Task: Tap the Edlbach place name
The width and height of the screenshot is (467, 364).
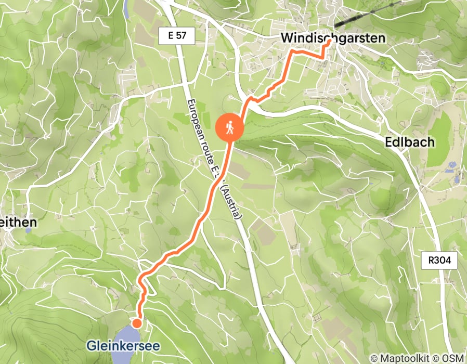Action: coord(409,142)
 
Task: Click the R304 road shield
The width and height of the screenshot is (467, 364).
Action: coord(439,261)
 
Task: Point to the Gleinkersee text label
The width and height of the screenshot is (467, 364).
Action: coord(123,346)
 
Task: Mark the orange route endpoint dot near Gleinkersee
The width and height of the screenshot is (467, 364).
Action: coord(136,323)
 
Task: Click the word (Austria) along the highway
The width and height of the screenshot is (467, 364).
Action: coord(232,201)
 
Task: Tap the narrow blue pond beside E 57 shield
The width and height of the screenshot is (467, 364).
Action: coord(127,7)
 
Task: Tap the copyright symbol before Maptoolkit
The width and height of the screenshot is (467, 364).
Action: coord(373,358)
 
